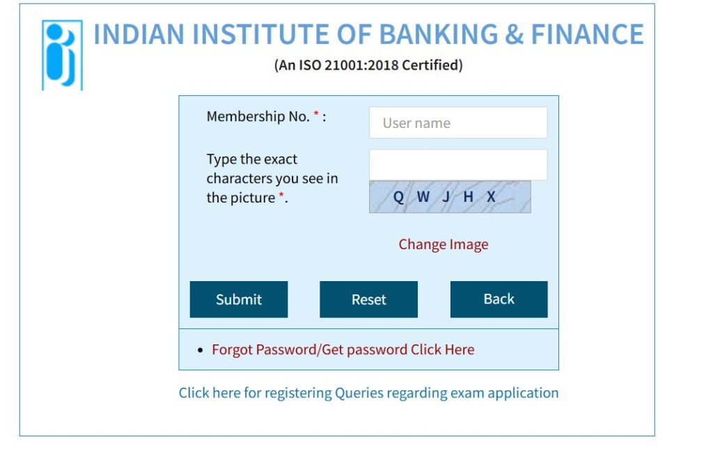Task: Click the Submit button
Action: tap(239, 299)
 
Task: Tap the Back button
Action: tap(499, 299)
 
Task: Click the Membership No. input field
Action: tap(458, 122)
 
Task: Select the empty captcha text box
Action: tap(458, 165)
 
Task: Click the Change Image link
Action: tap(444, 244)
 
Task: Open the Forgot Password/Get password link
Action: tap(343, 349)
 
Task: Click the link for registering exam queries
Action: tap(368, 392)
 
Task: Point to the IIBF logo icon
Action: tap(62, 55)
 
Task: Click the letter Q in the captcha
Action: tap(398, 197)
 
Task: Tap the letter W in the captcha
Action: tap(423, 196)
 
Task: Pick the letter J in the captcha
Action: tap(446, 197)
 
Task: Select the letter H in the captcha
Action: tap(469, 196)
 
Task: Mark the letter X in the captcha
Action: tap(491, 196)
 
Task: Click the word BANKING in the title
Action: tap(439, 34)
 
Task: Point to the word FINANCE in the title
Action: tap(588, 34)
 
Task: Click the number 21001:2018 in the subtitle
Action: tap(362, 65)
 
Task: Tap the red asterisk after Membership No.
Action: tap(317, 114)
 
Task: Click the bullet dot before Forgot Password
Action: tap(200, 350)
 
